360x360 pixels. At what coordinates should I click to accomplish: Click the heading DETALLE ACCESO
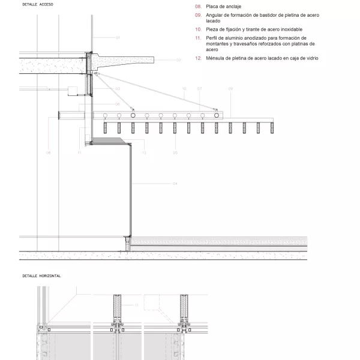38,4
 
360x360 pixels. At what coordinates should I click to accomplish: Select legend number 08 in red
198,6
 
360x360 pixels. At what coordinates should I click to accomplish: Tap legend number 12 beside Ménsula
198,58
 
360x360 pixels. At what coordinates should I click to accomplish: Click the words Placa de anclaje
223,6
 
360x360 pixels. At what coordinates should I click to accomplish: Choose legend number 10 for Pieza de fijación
198,29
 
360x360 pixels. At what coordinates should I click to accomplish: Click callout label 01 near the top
118,38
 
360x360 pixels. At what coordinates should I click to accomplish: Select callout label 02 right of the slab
178,60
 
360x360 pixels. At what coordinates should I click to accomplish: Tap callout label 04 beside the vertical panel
175,183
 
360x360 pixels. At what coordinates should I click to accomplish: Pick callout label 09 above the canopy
230,89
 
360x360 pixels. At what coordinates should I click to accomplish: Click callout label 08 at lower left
49,153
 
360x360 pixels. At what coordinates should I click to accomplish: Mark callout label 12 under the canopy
144,153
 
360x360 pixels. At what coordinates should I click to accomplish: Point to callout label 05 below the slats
175,153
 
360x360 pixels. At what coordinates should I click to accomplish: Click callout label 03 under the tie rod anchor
118,89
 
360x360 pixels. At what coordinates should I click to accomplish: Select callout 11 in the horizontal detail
136,305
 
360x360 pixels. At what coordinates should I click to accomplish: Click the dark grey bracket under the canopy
111,141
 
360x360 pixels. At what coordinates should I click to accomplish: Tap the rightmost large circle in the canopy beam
217,115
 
